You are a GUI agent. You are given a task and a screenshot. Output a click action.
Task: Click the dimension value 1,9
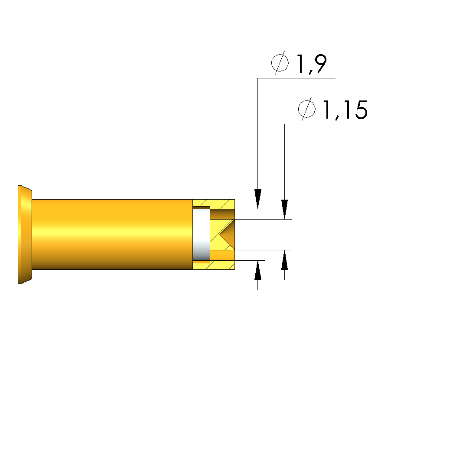[x=311, y=64]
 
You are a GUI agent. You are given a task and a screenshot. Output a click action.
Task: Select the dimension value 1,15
[x=345, y=110]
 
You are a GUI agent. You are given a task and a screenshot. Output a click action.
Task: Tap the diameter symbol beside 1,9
[x=280, y=63]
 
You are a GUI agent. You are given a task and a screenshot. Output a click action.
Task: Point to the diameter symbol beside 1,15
[x=307, y=109]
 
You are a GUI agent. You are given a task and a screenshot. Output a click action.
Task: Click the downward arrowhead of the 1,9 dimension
[x=258, y=199]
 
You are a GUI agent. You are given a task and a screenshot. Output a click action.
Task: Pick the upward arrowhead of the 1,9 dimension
[x=258, y=270]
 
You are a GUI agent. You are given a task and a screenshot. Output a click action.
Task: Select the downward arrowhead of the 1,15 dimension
[x=284, y=209]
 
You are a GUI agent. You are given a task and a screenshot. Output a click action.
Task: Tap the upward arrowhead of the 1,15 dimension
[x=284, y=260]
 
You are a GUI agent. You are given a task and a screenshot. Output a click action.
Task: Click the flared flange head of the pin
[x=25, y=235]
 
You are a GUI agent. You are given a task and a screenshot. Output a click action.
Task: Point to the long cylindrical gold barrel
[x=112, y=234]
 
